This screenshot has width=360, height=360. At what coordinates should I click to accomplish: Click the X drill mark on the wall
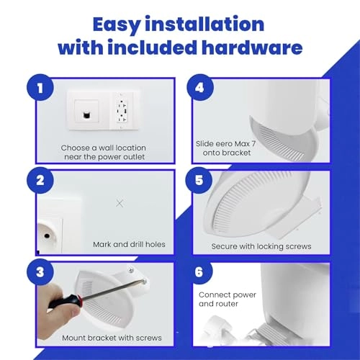pos(120,203)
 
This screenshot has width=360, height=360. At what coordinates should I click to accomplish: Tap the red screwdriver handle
pos(63,302)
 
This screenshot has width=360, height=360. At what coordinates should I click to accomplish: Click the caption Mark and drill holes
pos(129,244)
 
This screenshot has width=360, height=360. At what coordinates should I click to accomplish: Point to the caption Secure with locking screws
pos(261,246)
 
